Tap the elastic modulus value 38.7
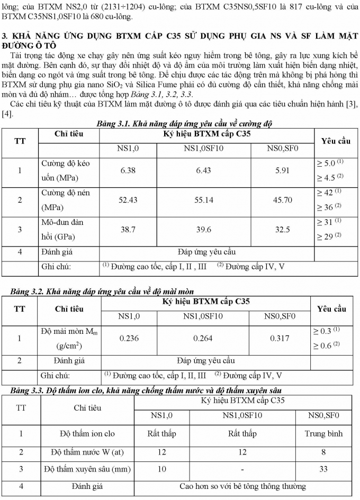click(128, 229)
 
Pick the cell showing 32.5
click(283, 229)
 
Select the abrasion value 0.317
click(280, 338)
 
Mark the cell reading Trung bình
click(323, 433)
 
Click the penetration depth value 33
click(323, 469)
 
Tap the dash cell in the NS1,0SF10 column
click(241, 469)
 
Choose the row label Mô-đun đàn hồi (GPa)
click(62, 229)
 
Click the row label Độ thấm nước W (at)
click(87, 452)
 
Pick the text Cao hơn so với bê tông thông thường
click(242, 486)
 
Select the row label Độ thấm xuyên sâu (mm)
click(87, 469)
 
